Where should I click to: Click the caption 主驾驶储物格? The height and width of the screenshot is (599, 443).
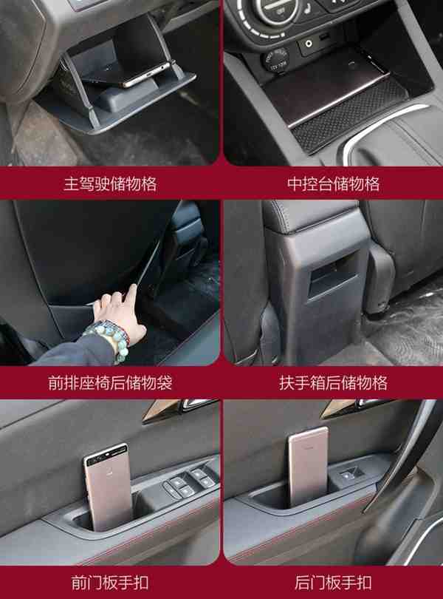tap(110, 183)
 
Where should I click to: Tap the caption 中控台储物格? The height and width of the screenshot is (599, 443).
tap(334, 183)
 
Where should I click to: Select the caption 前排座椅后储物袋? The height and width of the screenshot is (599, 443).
tap(110, 383)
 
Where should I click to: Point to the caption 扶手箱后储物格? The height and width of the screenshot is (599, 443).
tap(334, 383)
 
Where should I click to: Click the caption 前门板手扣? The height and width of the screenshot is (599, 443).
tap(110, 583)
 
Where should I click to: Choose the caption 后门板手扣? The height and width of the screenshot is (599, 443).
tap(334, 583)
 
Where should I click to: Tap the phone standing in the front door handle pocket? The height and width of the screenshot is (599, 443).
tap(108, 487)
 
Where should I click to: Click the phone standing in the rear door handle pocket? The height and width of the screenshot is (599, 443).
tap(308, 467)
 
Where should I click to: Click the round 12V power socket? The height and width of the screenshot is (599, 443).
tap(275, 61)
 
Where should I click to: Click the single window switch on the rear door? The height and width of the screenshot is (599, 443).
tap(349, 475)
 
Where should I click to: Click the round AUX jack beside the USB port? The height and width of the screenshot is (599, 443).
tap(308, 44)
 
